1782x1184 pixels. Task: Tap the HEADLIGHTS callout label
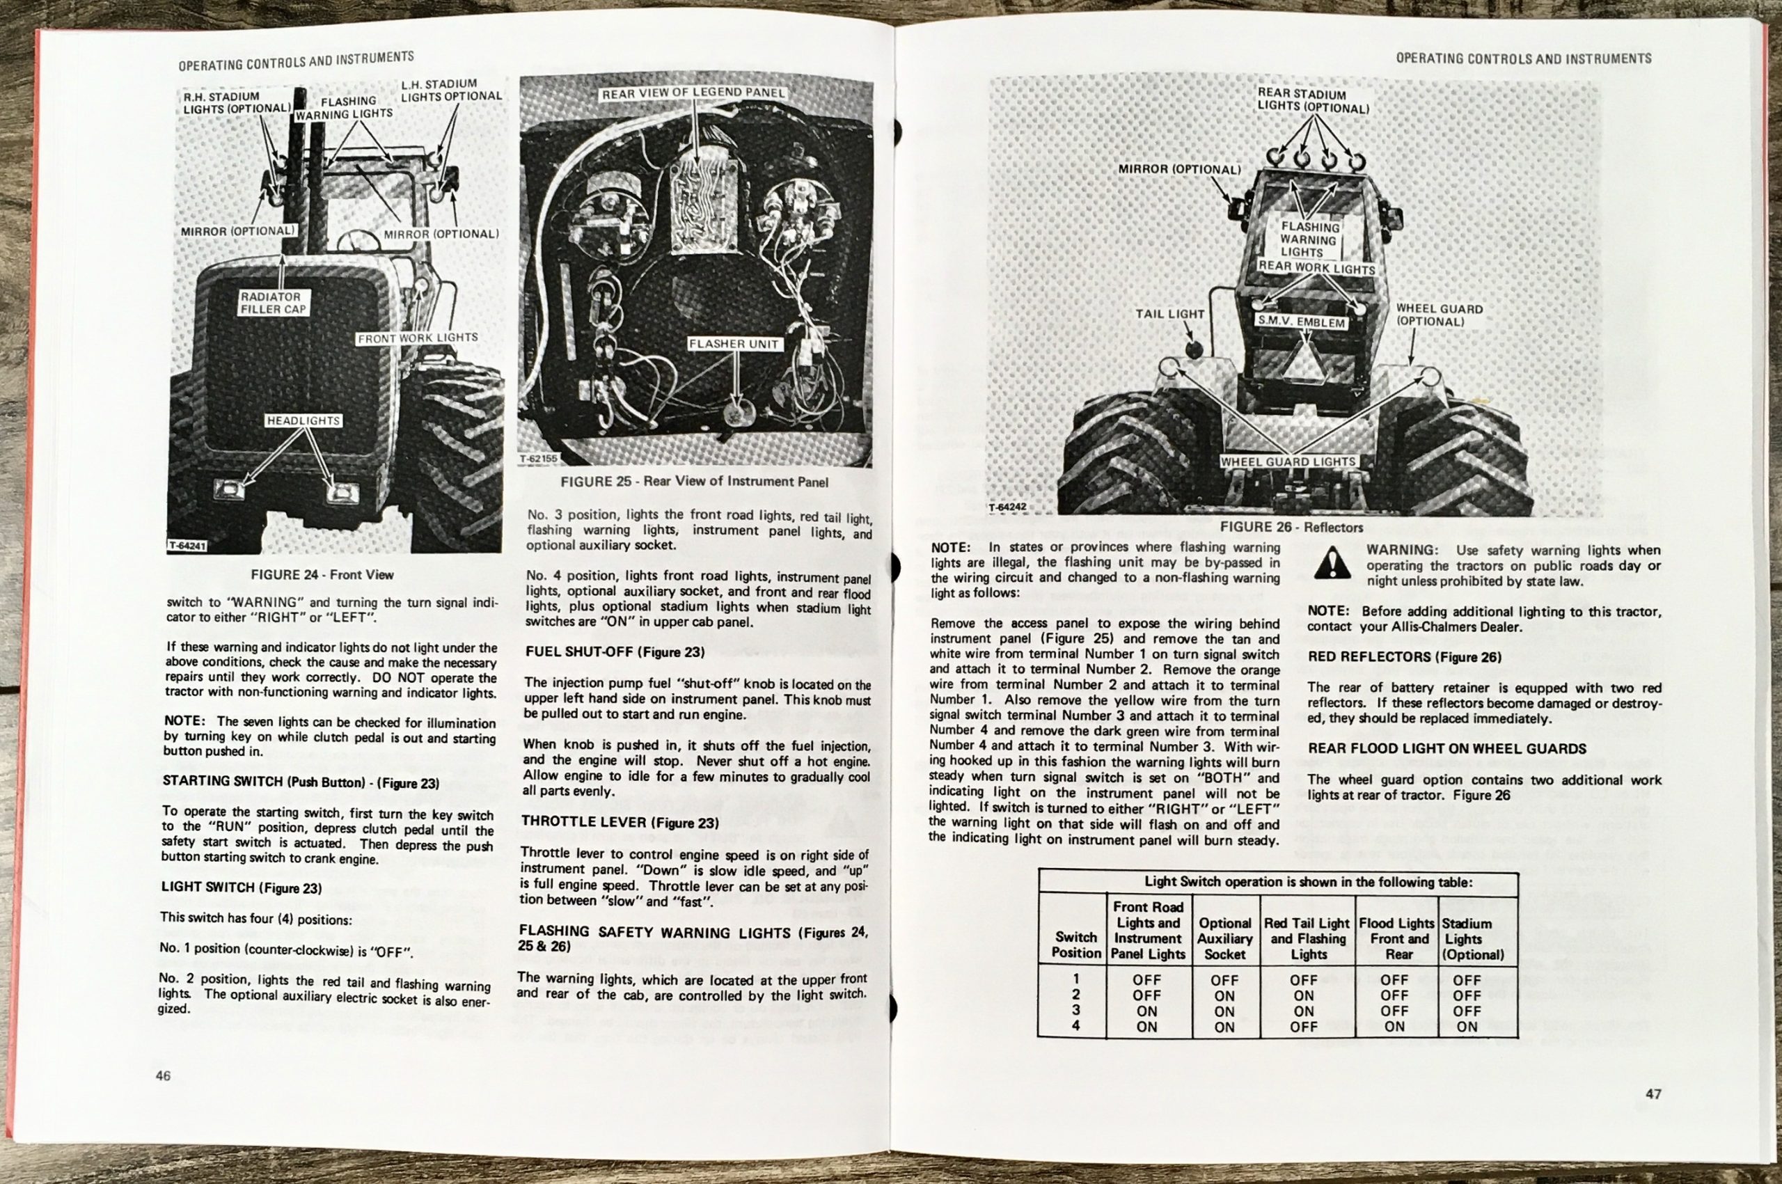(x=303, y=420)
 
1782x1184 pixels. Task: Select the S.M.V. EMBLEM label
(x=1301, y=321)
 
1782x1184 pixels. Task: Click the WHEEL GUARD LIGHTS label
(x=1288, y=461)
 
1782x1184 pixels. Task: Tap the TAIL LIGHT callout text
(x=1169, y=313)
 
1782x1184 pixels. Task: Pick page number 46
(x=163, y=1076)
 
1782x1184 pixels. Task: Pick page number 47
(x=1654, y=1094)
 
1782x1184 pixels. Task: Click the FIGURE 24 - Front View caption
(x=322, y=575)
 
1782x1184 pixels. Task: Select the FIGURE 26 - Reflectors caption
(x=1291, y=527)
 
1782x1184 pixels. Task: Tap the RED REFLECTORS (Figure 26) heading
(x=1405, y=657)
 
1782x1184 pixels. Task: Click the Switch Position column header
(x=1076, y=945)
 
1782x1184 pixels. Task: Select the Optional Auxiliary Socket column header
(x=1224, y=938)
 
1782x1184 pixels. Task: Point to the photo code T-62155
(x=538, y=458)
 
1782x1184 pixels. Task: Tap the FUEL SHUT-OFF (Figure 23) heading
(x=615, y=652)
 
